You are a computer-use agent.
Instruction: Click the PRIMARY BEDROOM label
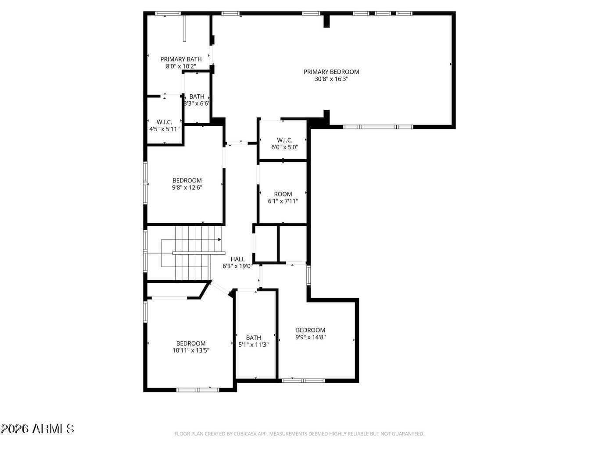[331, 72]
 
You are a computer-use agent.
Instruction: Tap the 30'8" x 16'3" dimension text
[331, 79]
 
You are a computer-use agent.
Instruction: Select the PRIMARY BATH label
[181, 59]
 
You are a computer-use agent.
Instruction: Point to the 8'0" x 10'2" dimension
[181, 66]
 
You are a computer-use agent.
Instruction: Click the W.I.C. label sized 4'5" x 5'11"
[164, 122]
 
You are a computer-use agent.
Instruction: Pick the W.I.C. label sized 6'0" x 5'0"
[285, 140]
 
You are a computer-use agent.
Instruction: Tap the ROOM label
[283, 194]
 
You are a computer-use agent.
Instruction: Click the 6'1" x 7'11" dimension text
[283, 201]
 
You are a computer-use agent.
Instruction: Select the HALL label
[238, 259]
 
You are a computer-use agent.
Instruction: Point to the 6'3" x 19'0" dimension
[237, 266]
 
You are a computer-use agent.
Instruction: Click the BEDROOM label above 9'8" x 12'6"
[187, 181]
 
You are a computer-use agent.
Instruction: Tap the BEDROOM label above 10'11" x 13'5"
[191, 343]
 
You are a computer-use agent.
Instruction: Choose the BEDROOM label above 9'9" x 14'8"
[311, 330]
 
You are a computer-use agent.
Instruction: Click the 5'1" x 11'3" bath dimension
[254, 345]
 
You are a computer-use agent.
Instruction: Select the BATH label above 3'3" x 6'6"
[197, 96]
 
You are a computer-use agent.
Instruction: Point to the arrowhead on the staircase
[220, 240]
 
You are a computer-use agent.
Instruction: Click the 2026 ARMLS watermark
[37, 429]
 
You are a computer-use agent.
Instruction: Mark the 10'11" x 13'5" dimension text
[191, 351]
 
